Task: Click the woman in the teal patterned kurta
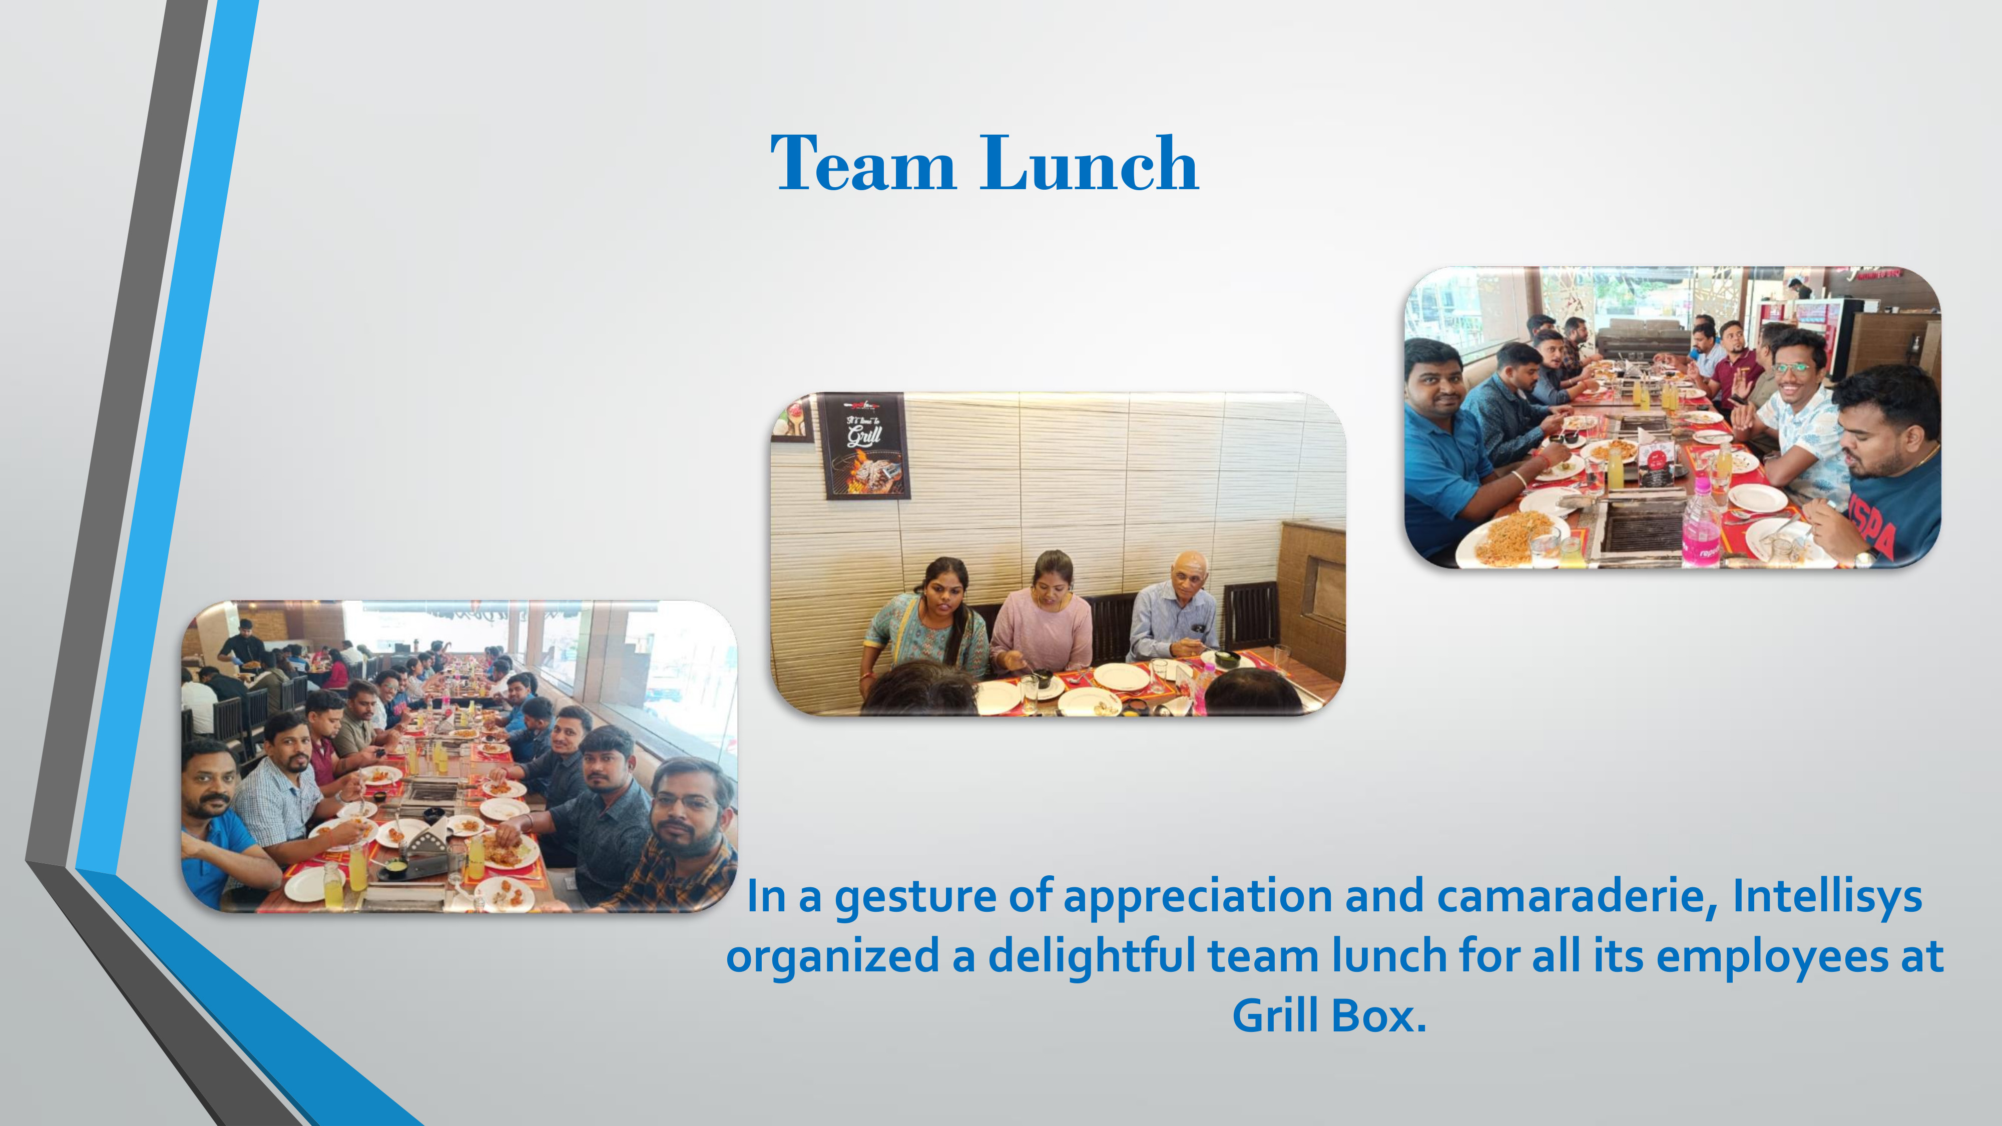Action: point(926,622)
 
